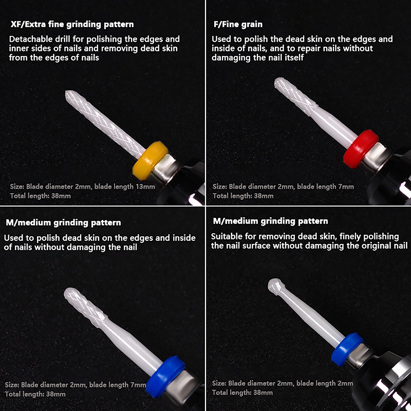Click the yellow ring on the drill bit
click(x=150, y=160)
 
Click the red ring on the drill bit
click(x=361, y=148)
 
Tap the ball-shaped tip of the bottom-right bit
click(x=275, y=286)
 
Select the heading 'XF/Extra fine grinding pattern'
click(x=72, y=24)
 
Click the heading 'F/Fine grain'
click(x=238, y=24)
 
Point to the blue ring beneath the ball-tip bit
click(x=347, y=349)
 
